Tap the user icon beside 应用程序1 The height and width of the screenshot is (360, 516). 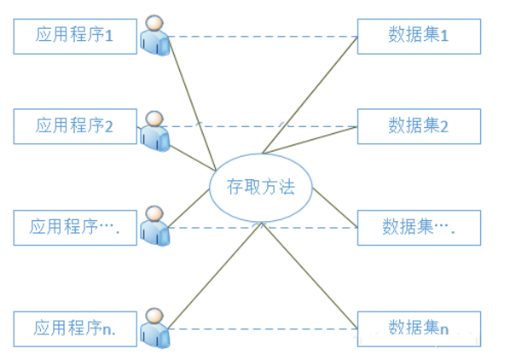tap(154, 36)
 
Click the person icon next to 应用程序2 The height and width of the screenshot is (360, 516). tap(154, 131)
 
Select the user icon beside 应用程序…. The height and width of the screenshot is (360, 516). tap(154, 226)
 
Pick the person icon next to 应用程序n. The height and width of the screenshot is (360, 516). tap(154, 328)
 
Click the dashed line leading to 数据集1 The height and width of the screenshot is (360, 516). tap(264, 37)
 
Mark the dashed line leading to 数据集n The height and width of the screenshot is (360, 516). tap(263, 328)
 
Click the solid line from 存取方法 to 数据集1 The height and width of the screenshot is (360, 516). tap(310, 95)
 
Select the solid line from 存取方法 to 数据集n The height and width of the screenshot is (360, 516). tap(310, 276)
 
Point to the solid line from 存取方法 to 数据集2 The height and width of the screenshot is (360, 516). tap(310, 140)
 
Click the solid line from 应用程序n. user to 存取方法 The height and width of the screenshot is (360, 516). tap(215, 276)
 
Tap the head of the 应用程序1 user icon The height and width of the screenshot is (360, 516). tap(154, 23)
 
